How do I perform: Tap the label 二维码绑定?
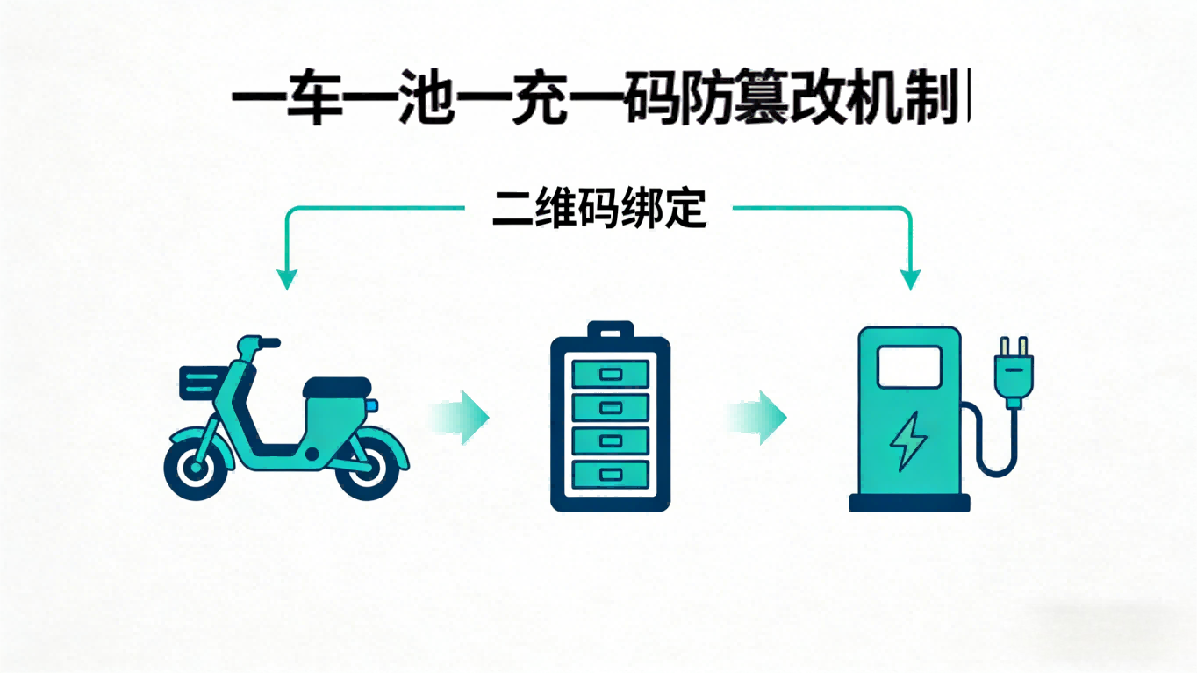point(598,209)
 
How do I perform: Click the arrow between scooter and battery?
point(461,418)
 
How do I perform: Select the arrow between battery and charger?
point(759,418)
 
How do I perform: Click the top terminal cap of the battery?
point(610,331)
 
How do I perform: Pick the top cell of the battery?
point(610,374)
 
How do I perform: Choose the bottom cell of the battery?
point(610,475)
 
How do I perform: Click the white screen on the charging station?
point(909,366)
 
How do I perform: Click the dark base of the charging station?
point(909,503)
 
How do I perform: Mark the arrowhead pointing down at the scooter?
point(286,279)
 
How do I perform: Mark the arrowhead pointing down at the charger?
point(911,279)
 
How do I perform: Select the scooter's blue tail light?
point(373,405)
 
